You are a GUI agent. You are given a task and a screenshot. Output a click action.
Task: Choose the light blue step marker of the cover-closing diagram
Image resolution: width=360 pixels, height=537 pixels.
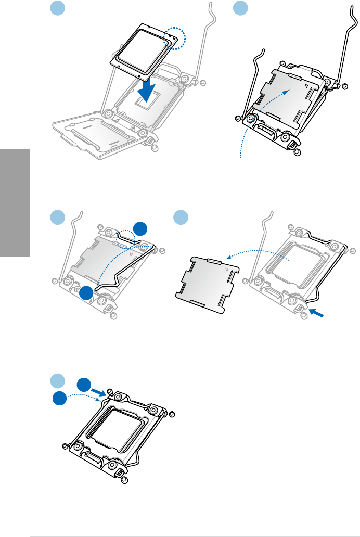[240, 8]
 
